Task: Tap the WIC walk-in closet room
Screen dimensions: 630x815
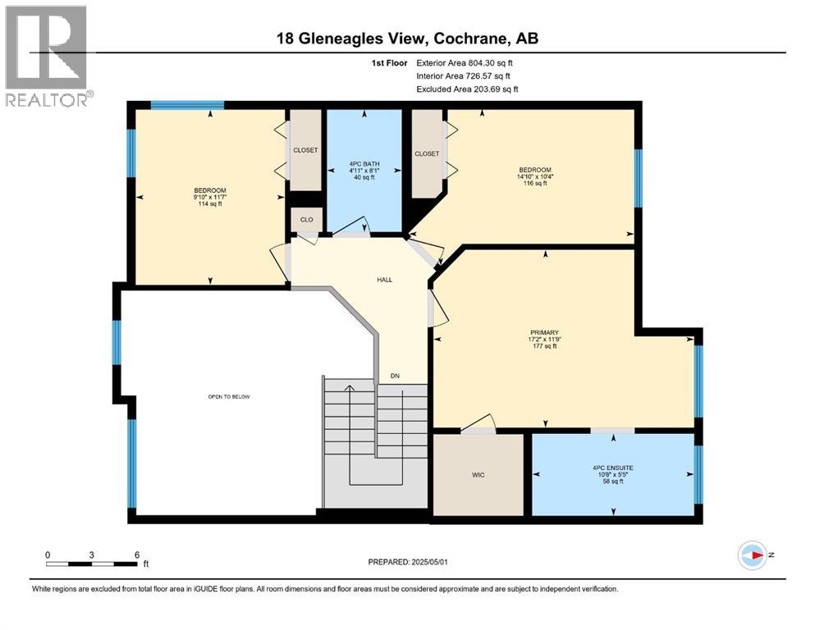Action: coord(478,475)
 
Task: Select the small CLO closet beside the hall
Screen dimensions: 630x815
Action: coord(305,219)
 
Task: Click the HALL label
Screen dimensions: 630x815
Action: coord(384,280)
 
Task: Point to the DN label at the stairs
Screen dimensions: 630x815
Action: coord(395,377)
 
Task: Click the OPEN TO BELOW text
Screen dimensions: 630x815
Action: coord(228,396)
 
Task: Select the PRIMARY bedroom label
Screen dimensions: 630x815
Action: coord(543,333)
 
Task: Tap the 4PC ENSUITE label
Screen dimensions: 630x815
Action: coord(613,468)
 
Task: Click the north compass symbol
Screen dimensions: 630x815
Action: coord(752,556)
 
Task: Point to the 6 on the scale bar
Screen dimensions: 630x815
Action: coord(136,555)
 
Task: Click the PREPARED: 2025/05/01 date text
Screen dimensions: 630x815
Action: coord(408,562)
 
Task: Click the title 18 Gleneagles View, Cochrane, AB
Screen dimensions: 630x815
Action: coord(407,38)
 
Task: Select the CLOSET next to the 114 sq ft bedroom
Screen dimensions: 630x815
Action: coord(305,150)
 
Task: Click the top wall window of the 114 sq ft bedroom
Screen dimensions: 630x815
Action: coord(187,105)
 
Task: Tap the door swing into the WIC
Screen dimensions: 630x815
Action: coord(478,422)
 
